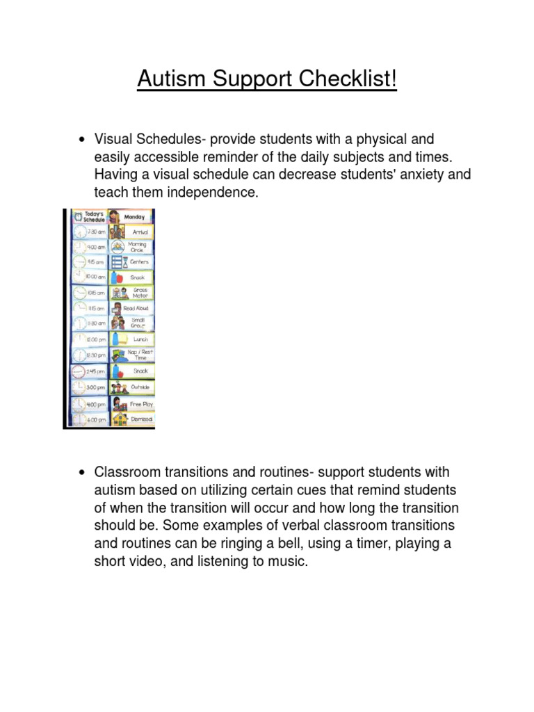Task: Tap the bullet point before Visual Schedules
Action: (x=83, y=141)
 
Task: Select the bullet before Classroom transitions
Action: (x=83, y=473)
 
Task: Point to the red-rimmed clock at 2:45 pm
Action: (x=79, y=371)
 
